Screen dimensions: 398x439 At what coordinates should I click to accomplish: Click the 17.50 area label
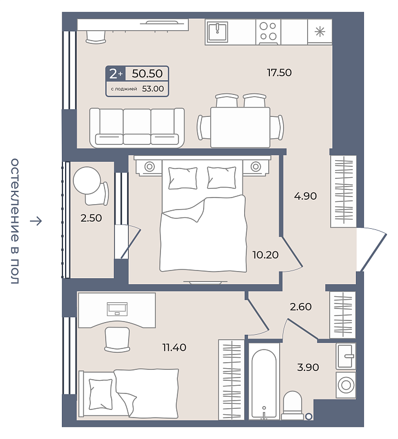click(x=279, y=73)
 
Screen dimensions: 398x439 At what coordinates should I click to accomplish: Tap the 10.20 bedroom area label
click(x=266, y=255)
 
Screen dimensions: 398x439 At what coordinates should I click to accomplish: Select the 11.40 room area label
click(x=174, y=347)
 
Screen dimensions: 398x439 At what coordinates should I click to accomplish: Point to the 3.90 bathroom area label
click(x=308, y=367)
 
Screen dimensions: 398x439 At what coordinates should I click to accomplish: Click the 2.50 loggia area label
click(x=91, y=218)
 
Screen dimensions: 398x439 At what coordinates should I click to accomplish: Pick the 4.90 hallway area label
click(x=305, y=196)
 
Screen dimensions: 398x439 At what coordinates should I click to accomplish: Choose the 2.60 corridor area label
click(x=301, y=307)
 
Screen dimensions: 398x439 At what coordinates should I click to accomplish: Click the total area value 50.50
click(x=147, y=74)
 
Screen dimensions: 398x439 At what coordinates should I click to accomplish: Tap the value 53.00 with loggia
click(x=153, y=89)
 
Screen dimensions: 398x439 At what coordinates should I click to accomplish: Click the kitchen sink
click(x=217, y=31)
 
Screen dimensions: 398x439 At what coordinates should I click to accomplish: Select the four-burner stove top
click(x=268, y=32)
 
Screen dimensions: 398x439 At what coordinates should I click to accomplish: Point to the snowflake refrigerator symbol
click(x=320, y=31)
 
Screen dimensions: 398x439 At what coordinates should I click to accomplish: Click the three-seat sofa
click(x=137, y=128)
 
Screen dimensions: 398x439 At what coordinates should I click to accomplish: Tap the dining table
click(x=240, y=127)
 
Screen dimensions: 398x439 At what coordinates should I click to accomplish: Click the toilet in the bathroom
click(x=292, y=405)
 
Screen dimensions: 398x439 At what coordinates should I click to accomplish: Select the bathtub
click(x=264, y=381)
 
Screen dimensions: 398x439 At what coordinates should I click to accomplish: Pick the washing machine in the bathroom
click(x=346, y=385)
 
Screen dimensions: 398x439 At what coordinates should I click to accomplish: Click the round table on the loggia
click(x=87, y=181)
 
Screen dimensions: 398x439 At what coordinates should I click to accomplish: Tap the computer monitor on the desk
click(x=117, y=309)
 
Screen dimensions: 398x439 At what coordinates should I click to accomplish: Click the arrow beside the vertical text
click(x=36, y=221)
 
